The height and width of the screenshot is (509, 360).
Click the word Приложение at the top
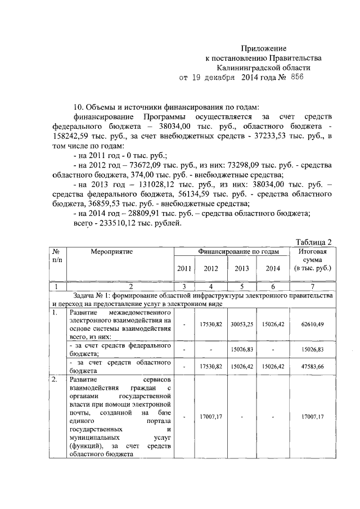coord(264,49)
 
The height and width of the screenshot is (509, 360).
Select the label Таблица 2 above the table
coord(313,242)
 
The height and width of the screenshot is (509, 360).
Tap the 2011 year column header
coord(184,268)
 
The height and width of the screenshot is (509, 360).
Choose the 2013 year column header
coord(242,268)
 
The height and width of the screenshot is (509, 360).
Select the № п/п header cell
coord(56,256)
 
